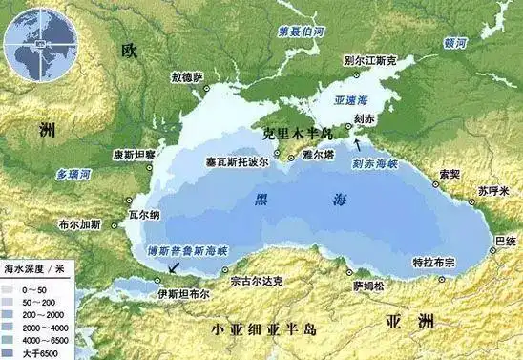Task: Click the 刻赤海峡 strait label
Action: click(x=371, y=163)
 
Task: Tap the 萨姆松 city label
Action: click(x=366, y=285)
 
